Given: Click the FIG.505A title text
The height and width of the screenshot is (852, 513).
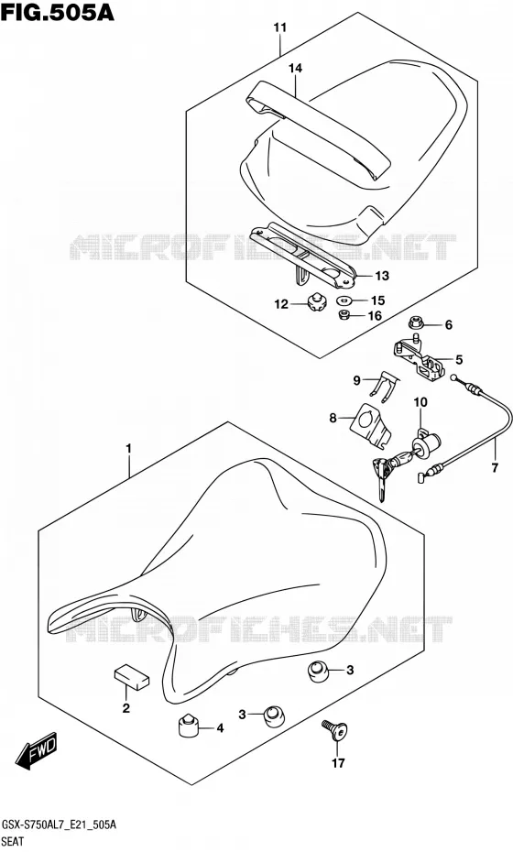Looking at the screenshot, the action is point(58,13).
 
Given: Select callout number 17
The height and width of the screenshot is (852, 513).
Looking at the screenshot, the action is point(338,763).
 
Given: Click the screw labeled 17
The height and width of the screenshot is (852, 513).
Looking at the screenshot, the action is point(334,731).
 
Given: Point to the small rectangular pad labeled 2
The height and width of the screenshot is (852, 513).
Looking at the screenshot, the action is point(132,677).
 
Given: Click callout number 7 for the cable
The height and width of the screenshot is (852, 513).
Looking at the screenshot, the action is point(495,466).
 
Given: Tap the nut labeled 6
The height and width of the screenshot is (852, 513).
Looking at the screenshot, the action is point(417,323).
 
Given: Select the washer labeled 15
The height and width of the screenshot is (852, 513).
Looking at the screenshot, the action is point(344,300).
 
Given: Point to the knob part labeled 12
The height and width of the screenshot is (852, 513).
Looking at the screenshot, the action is point(314,302).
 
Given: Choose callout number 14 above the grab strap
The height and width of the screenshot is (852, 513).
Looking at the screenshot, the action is point(296,68).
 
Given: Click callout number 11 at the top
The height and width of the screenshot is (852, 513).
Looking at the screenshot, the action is point(280,27).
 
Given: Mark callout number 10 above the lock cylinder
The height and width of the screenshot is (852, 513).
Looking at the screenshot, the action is point(420,402).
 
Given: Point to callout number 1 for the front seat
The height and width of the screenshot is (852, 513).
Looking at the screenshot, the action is point(129,448).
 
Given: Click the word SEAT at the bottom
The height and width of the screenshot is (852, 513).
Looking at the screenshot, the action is point(13,842).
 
